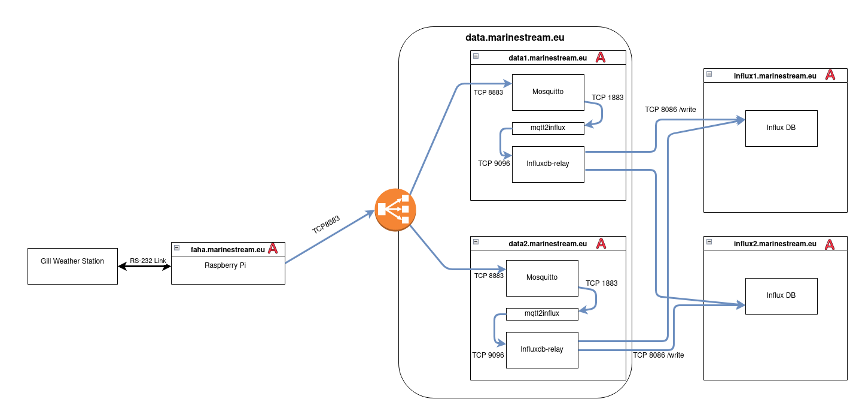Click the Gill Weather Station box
tap(72, 266)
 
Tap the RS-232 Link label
tap(148, 261)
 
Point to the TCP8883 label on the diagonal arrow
tap(326, 225)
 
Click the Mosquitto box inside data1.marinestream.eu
tap(548, 92)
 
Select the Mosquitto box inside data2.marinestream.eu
tap(542, 278)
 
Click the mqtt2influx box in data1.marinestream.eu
tap(548, 128)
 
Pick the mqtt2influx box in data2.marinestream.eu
tap(542, 313)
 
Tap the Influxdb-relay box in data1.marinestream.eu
tap(548, 164)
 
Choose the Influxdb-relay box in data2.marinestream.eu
tap(542, 350)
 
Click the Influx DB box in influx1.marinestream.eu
tap(781, 128)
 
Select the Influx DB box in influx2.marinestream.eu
tap(781, 296)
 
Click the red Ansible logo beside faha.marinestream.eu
tap(273, 249)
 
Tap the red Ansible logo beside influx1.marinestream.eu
tap(830, 75)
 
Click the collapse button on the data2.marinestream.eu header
tap(476, 242)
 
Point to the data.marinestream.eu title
tap(514, 37)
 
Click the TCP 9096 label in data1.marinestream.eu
tap(493, 163)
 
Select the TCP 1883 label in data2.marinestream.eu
tap(601, 283)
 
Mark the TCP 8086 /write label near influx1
tap(670, 110)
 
